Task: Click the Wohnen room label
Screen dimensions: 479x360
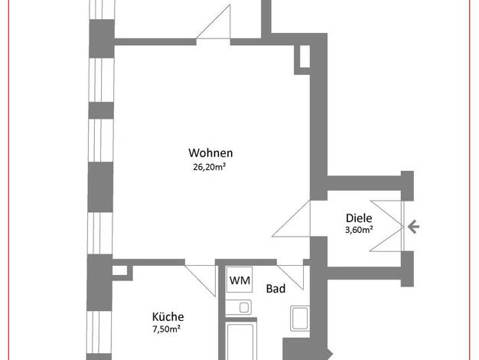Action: (x=210, y=152)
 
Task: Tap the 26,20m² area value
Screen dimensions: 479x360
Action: (x=209, y=167)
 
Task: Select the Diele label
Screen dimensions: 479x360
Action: (x=359, y=218)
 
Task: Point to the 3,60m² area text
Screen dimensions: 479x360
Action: (x=359, y=229)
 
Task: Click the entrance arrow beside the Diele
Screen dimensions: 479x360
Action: (x=413, y=227)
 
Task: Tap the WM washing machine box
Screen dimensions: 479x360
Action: (x=239, y=280)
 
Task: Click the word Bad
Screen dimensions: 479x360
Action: (x=276, y=289)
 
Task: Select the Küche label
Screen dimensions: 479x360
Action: (x=168, y=316)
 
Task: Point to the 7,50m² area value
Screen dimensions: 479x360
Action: (x=167, y=329)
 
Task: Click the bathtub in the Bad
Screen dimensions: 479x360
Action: (x=241, y=339)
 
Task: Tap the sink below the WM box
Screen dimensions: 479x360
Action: (x=239, y=307)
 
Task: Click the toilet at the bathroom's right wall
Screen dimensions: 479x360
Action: (x=300, y=318)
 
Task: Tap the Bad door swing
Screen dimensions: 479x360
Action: (x=291, y=277)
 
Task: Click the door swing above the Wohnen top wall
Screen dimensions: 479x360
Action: (x=213, y=22)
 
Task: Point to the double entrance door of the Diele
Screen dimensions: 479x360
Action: (x=386, y=226)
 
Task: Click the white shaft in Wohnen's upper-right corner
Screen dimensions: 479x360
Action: (x=305, y=56)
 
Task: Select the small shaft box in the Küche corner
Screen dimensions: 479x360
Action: (x=119, y=270)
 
